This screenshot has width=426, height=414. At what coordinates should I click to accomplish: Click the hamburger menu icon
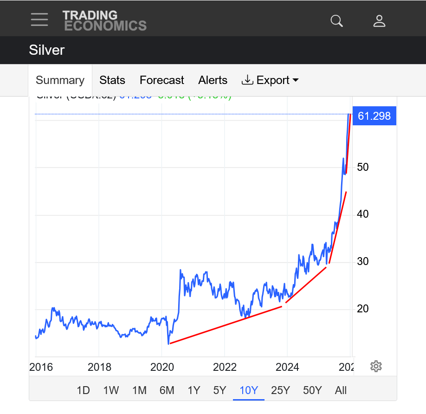coord(39,19)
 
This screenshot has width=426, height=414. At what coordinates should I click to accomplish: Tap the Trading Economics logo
coord(104,21)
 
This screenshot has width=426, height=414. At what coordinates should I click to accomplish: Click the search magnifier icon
coord(336,21)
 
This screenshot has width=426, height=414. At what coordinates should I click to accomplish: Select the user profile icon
coord(379,21)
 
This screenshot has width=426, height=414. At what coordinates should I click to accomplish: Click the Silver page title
coord(46,50)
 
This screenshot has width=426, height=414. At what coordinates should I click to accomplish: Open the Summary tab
coord(60,80)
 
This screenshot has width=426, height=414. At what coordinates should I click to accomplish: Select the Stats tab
coord(112,80)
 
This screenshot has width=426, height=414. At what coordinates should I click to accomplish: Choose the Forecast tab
coord(162,80)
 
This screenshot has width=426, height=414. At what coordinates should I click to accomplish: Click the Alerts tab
coord(213,80)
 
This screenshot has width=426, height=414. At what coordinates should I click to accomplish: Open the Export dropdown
coord(270,80)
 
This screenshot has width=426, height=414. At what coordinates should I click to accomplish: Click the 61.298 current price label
coord(374,116)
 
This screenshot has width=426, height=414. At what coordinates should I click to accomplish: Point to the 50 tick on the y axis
coord(363,167)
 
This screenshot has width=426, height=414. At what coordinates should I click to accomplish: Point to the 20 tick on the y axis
coord(363,309)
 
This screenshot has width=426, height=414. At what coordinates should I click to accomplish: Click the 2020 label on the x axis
coord(162,368)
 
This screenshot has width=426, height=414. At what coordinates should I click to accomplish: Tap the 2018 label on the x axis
coord(100,368)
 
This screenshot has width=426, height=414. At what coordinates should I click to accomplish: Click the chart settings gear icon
coord(376,366)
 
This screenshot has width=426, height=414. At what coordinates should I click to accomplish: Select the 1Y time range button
coord(194,390)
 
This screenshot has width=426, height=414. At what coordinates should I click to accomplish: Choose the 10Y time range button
coord(249,390)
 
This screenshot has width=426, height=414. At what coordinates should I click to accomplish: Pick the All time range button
coord(341,390)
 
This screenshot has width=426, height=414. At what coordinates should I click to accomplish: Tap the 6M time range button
coord(167,390)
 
